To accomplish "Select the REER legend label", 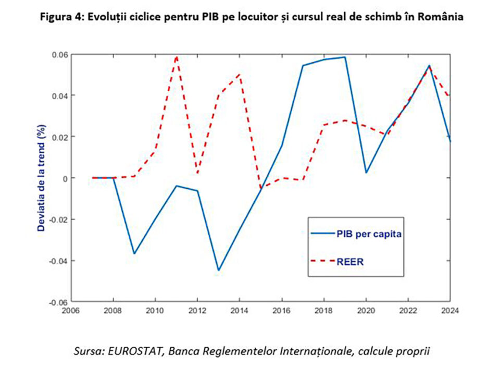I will [x=351, y=262].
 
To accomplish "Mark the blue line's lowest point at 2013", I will [x=219, y=270].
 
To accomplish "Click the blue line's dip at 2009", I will [x=134, y=253].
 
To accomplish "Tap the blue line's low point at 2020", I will [x=366, y=173].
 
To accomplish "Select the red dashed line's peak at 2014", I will [x=240, y=75].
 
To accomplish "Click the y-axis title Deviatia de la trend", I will [x=41, y=178].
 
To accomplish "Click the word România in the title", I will [x=440, y=17].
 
